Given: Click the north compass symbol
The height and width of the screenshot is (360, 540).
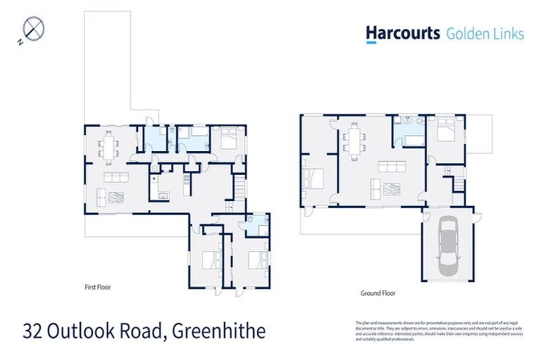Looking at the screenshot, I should point(34,30).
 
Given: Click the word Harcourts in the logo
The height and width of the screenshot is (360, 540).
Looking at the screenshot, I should point(402,33).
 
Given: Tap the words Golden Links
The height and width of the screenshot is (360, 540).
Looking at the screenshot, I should point(485,33).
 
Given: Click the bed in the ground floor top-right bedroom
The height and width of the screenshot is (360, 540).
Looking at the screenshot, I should point(444,131).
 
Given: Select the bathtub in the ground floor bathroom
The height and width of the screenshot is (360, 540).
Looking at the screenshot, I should point(404,139).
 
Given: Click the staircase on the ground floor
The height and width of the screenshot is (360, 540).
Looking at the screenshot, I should point(458,184).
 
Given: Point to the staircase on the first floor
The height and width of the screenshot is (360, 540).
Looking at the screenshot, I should point(240,188).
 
